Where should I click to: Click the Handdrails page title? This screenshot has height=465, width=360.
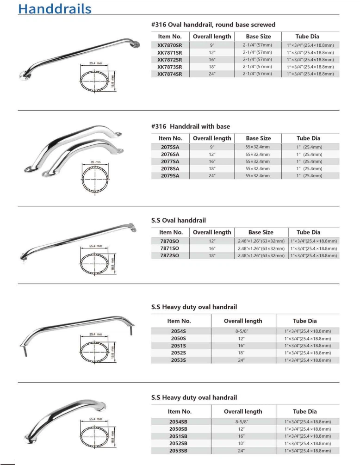pos(55,9)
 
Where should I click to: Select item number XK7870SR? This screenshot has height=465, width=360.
pos(169,45)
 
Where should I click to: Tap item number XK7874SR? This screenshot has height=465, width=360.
pos(169,74)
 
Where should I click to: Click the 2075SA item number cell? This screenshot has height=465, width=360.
pos(169,147)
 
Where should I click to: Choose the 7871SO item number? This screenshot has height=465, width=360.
pos(169,248)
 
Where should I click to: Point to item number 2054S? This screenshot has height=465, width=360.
pos(179,331)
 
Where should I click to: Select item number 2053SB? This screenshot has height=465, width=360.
pos(179,450)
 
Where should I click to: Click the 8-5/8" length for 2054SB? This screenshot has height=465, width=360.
pos(243,422)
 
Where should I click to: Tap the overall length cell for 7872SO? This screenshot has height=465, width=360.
pos(211,255)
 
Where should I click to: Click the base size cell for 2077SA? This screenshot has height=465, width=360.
pos(258,161)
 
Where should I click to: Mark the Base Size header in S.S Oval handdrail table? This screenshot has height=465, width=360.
pos(261,232)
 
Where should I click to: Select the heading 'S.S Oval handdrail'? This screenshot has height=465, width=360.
pos(178,220)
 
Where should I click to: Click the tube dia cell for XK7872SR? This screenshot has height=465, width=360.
pos(310,60)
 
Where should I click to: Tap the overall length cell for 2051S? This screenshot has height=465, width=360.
pos(243,346)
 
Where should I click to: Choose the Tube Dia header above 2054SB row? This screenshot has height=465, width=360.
pos(304,411)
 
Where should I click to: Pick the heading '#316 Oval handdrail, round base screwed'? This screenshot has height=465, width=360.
pos(213,25)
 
